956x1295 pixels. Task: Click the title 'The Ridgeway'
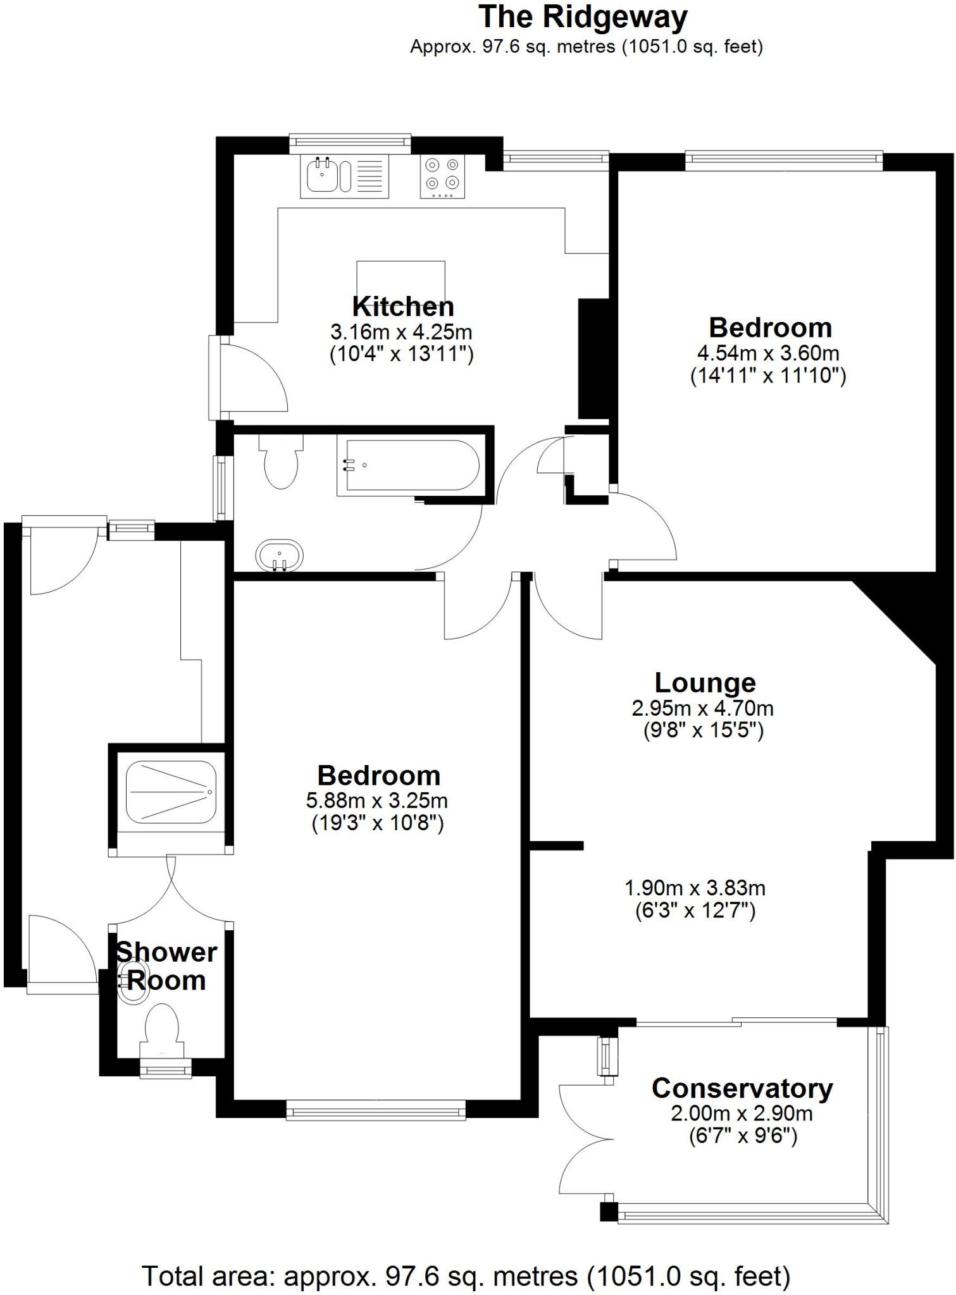coord(583,18)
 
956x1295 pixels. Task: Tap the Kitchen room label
coord(403,307)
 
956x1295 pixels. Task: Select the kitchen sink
coord(328,175)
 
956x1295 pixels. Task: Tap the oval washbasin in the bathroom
coord(280,556)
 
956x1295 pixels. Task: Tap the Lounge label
coord(705,683)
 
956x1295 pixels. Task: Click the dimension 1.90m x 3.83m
coord(695,888)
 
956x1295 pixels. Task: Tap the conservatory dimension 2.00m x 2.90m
coord(742,1113)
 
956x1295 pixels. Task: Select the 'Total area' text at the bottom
coord(466,1276)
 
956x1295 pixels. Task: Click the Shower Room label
coord(166,966)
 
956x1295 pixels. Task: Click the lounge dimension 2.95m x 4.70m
coord(702,708)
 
